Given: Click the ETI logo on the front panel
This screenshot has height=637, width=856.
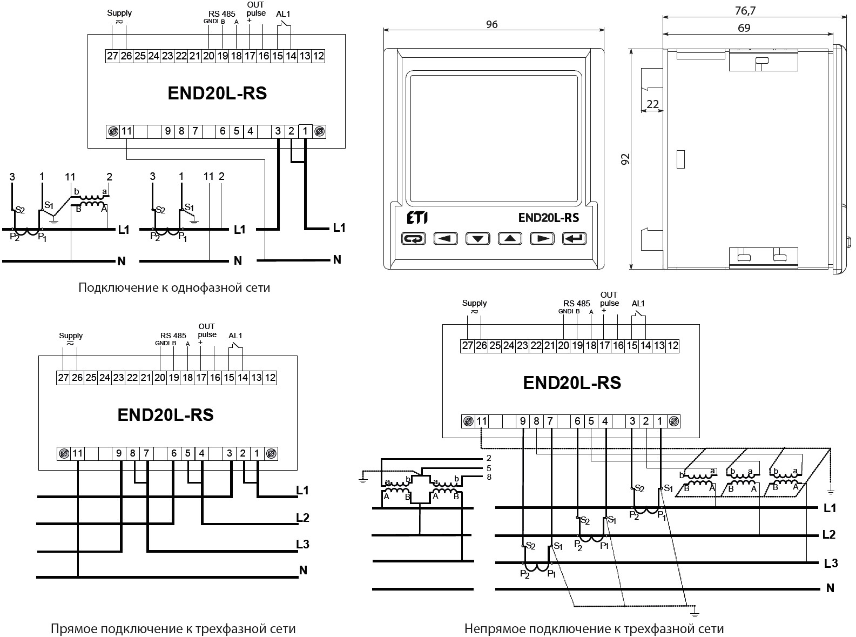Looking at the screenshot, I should (x=417, y=218).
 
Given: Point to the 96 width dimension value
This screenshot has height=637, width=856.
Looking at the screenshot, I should (x=491, y=24).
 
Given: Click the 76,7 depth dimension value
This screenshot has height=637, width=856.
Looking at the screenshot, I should (x=745, y=10).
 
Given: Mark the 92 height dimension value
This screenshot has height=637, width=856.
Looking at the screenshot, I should (x=625, y=159).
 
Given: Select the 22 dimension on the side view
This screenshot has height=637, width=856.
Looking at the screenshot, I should (x=653, y=104).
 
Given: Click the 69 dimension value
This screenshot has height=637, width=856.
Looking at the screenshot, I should (x=744, y=28).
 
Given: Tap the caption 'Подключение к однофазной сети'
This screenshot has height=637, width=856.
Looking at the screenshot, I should (x=174, y=287).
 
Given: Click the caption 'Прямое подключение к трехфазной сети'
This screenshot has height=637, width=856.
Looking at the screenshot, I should (x=173, y=629).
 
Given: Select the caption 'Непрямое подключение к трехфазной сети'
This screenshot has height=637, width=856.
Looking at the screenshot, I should (x=594, y=629).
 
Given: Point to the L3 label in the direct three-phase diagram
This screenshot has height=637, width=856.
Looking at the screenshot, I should (x=303, y=544).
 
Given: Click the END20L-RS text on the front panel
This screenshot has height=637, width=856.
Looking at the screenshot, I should (x=548, y=218).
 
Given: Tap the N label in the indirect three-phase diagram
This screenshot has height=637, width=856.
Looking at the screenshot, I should (x=831, y=588).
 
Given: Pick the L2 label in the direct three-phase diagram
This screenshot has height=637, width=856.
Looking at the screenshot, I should (x=303, y=518).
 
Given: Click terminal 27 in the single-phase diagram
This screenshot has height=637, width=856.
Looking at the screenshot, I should (x=112, y=56).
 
